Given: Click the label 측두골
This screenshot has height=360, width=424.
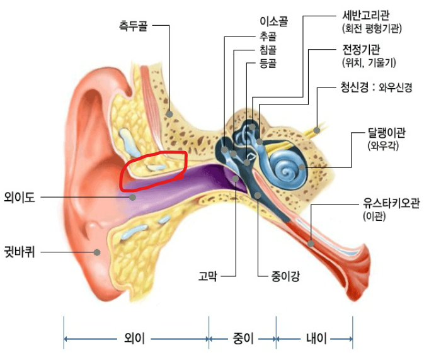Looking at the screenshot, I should tap(134, 26).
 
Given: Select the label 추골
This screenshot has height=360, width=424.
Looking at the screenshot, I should tap(267, 37).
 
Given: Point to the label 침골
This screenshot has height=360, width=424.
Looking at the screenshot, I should tap(267, 50).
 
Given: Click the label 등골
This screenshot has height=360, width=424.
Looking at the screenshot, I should tap(267, 63).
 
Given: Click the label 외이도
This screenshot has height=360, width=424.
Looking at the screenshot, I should tap(19, 196).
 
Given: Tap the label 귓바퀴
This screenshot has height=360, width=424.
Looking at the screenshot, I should tap(19, 252).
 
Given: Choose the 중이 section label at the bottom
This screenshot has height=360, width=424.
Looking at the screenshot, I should tap(243, 340).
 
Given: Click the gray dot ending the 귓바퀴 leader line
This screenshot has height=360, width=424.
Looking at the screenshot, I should tap(98, 252).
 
